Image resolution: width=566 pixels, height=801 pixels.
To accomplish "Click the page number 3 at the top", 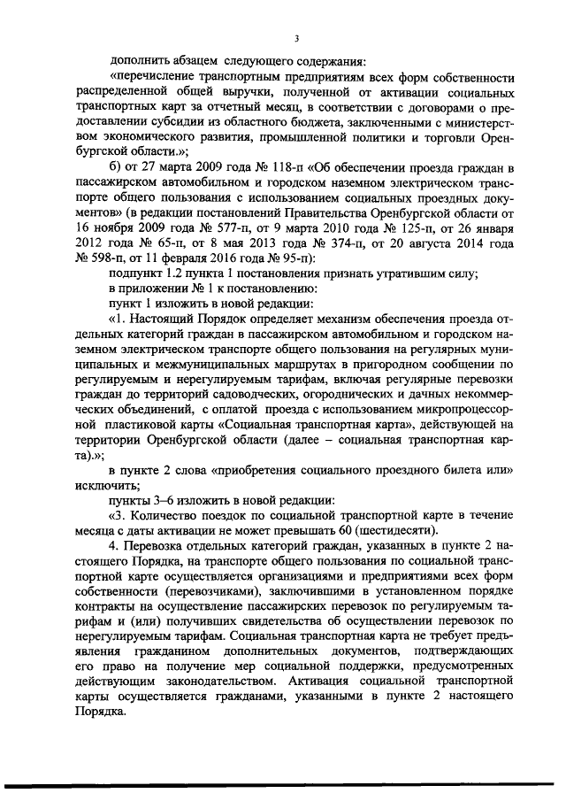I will (x=298, y=38).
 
